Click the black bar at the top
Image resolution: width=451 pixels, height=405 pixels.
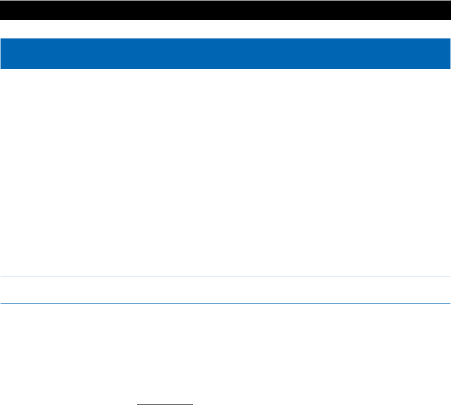pos(225,10)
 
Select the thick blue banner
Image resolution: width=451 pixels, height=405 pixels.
pos(225,53)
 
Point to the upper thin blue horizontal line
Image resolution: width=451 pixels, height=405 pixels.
pos(225,276)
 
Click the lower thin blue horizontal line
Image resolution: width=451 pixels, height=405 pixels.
pos(225,304)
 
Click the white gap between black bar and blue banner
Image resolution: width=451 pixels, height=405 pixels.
pos(225,29)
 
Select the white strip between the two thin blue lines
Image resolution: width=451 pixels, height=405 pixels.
pos(225,290)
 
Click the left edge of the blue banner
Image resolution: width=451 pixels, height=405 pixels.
pos(1,53)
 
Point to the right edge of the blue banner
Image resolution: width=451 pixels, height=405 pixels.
pos(449,53)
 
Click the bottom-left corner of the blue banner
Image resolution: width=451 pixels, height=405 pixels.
pos(1,69)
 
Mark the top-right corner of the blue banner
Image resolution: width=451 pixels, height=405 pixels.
pos(450,38)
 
